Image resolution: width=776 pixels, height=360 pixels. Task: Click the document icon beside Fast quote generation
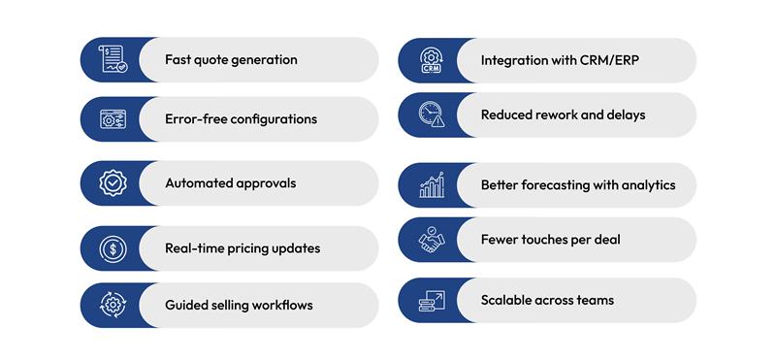(113, 59)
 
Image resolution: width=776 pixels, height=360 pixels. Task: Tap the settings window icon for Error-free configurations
(113, 119)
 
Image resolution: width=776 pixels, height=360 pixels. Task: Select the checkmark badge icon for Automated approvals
(113, 182)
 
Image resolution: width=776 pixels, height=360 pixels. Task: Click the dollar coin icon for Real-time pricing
(113, 248)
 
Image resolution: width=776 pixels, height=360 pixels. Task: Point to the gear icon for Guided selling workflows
(113, 305)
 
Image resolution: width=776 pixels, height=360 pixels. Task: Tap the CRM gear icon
(431, 60)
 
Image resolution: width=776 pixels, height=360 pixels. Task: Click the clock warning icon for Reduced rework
(431, 115)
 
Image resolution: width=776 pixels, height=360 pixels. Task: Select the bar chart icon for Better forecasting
(431, 184)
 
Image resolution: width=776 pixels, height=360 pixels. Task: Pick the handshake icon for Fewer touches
(431, 240)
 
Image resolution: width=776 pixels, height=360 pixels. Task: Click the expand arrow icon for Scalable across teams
(431, 300)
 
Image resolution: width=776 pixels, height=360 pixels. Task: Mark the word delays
(625, 115)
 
